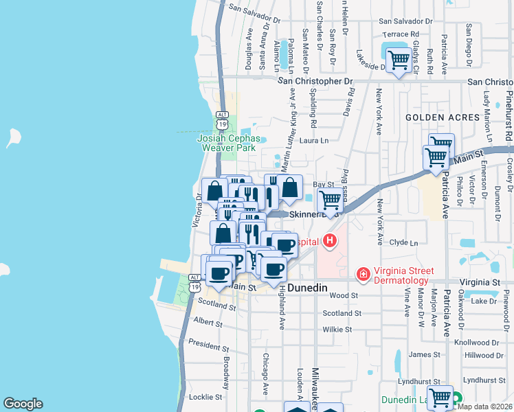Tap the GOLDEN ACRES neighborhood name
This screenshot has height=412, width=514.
coord(442,117)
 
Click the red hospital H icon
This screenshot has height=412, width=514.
coord(331,241)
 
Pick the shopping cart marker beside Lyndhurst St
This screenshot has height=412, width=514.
coord(439,397)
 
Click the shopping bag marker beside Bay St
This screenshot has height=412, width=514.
coord(290,186)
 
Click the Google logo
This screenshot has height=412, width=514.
coord(23,404)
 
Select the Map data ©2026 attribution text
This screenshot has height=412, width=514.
coord(485,407)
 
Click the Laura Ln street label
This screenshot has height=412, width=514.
coord(314,141)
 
